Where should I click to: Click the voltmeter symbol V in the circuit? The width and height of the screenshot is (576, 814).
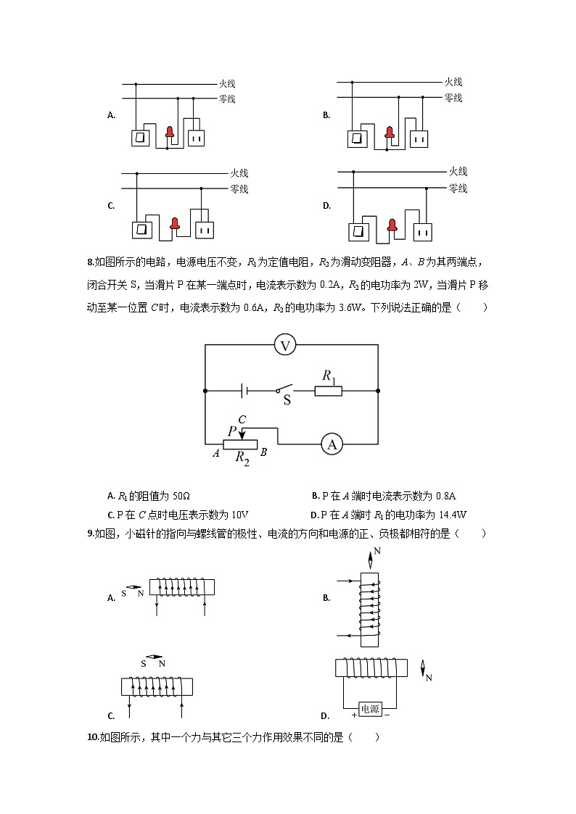[285, 346]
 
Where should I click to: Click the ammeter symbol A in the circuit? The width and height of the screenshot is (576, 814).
[332, 444]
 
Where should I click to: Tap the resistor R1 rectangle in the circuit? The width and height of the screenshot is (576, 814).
[328, 391]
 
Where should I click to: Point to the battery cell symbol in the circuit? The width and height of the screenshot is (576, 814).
[244, 391]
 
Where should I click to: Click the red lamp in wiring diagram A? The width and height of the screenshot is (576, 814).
[170, 132]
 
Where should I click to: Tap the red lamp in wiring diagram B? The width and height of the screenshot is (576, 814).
[390, 133]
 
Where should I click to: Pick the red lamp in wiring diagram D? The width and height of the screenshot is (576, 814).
[392, 225]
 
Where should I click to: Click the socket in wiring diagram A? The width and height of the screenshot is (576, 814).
[197, 138]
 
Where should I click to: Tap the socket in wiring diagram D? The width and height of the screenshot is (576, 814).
[422, 231]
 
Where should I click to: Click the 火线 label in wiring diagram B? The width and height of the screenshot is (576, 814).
[453, 82]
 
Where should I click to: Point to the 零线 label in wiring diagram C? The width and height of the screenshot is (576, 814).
[239, 189]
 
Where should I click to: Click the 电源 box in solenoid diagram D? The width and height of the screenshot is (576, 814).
[370, 709]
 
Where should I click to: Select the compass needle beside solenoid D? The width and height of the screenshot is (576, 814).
[423, 669]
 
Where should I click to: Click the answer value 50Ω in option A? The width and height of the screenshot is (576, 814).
[181, 497]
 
